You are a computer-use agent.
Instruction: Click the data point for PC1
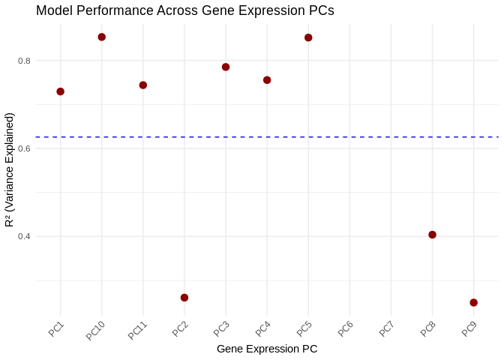pos(60,91)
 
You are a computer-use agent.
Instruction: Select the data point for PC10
pos(101,37)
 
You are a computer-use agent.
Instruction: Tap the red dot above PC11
pos(142,85)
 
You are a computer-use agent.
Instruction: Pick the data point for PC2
pos(184,298)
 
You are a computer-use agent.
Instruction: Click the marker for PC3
pos(226,67)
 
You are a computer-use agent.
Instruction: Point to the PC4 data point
pos(267,80)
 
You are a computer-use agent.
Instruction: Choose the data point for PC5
pos(308,37)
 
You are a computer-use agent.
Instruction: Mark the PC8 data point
pos(432,235)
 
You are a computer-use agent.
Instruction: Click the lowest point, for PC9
pos(473,302)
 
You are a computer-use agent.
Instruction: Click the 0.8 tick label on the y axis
pos(25,60)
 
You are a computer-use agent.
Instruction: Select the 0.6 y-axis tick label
pos(25,148)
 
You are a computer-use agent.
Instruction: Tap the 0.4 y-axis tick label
pos(25,236)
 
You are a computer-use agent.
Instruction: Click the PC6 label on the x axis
pos(345,328)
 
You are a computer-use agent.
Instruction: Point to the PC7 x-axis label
pos(386,328)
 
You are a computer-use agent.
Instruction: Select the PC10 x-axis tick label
pos(95,331)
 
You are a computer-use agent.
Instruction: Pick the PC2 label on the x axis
pos(180,328)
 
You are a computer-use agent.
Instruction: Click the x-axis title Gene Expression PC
pos(266,349)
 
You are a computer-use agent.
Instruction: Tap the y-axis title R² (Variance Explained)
pos(10,169)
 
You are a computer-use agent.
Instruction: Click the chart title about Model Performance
pos(184,10)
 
